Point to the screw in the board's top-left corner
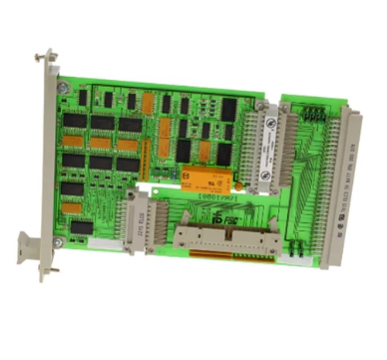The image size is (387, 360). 63,88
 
